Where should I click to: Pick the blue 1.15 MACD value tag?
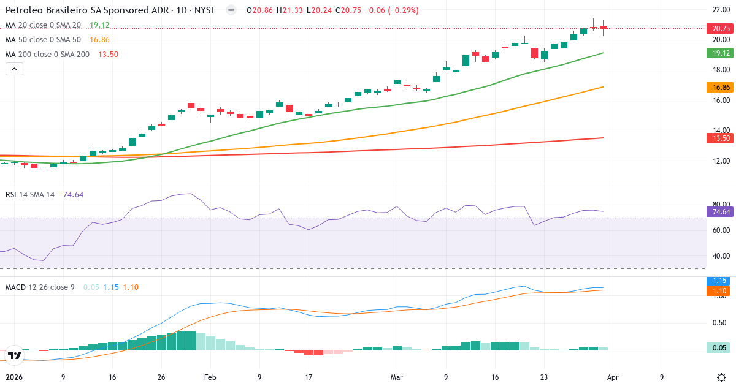point(718,281)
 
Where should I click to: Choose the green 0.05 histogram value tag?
point(718,348)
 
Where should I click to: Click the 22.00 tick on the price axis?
point(720,10)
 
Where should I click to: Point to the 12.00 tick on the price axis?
point(720,161)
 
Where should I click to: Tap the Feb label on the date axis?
point(210,377)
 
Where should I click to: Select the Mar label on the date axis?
point(397,377)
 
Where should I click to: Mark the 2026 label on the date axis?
point(13,377)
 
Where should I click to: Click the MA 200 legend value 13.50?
point(108,55)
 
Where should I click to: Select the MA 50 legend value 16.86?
point(99,40)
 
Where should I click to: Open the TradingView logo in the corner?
point(15,355)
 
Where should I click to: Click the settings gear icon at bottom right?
point(721,377)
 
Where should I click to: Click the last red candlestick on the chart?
point(604,28)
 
